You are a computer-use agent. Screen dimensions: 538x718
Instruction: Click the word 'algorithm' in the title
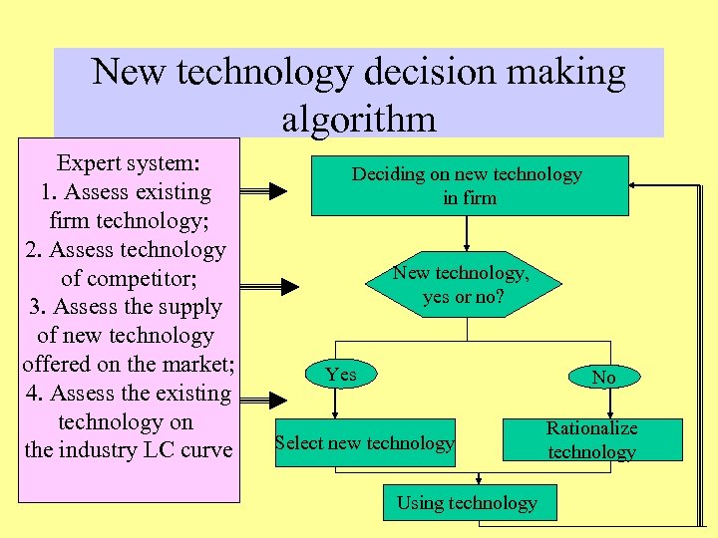pos(358,119)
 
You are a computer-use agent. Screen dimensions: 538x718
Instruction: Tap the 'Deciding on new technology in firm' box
pos(469,185)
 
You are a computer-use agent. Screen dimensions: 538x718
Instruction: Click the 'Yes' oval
pos(340,375)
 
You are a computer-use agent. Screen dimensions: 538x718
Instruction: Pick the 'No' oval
pos(603,377)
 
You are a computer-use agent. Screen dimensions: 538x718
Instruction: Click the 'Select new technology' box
pos(364,443)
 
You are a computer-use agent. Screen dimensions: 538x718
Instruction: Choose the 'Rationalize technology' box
pos(591,439)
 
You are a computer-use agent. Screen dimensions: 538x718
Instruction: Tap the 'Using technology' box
pos(467,503)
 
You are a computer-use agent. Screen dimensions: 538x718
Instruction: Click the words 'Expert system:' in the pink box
pos(129,162)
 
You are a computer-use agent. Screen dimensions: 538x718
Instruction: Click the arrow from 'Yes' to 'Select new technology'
pos(339,403)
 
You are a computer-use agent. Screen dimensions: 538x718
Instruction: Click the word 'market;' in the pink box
pos(198,364)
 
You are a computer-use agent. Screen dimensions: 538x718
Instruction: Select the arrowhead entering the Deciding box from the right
pos(638,185)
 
